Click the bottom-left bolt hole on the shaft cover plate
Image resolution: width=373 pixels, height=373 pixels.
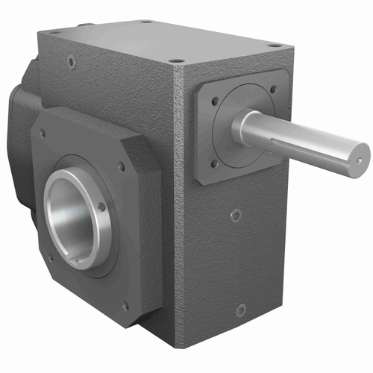(x=214, y=163)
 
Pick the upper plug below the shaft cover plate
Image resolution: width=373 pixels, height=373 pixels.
(x=236, y=216)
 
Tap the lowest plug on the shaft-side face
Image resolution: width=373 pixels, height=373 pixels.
(x=240, y=310)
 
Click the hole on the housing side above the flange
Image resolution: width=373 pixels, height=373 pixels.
(x=72, y=63)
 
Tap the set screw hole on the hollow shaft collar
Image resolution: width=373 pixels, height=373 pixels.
(x=102, y=207)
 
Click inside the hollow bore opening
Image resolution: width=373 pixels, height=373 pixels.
(x=71, y=220)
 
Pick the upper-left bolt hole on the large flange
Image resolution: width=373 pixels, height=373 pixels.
(x=43, y=134)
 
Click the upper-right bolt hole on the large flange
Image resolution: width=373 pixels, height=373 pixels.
(x=122, y=166)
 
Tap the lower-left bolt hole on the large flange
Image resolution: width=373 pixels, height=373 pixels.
(x=50, y=258)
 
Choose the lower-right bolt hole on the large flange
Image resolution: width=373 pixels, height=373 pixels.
(x=125, y=305)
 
